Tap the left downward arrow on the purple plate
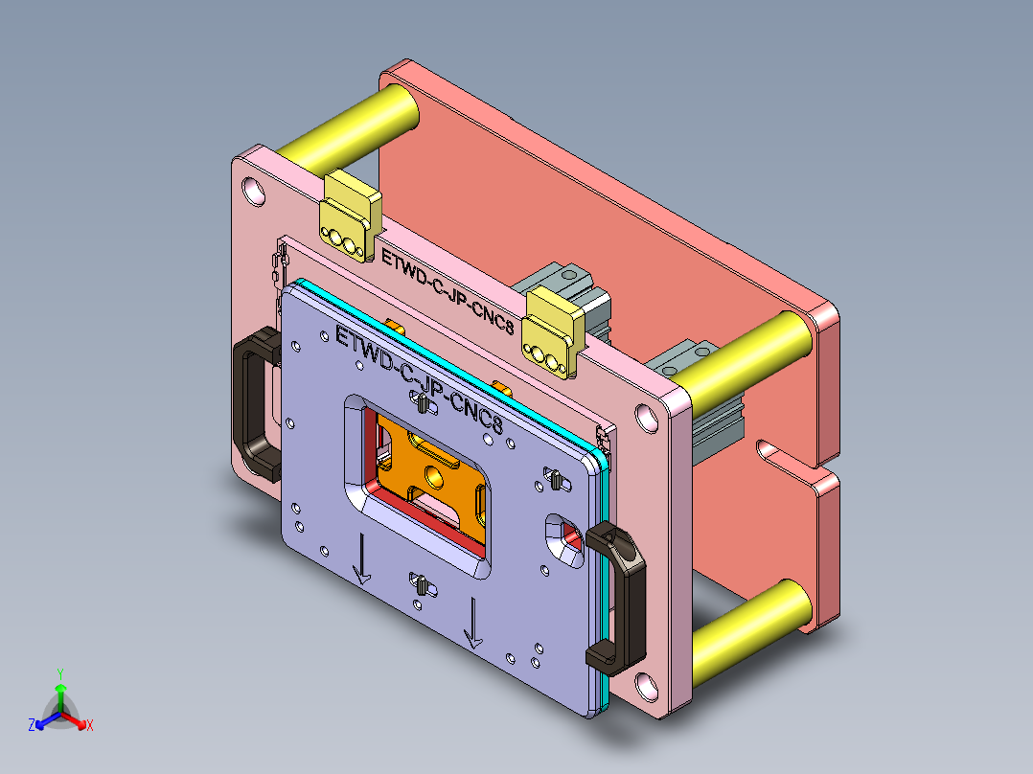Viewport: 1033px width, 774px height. [x=361, y=559]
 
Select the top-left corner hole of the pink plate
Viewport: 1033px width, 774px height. [x=253, y=191]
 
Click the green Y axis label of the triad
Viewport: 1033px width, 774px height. [x=59, y=673]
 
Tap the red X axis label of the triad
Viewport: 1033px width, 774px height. [x=89, y=726]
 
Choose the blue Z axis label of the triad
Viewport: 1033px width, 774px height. [x=32, y=726]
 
